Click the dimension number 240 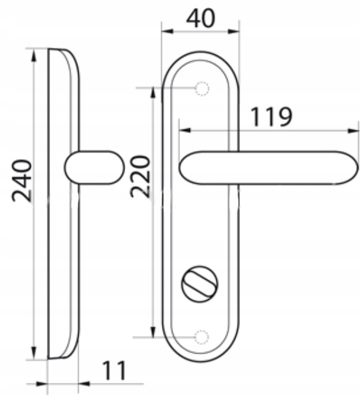(x=22, y=181)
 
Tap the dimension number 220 (x=140, y=177)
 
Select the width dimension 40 (x=201, y=19)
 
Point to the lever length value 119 (x=271, y=117)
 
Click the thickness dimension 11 (x=114, y=370)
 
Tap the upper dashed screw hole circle (x=202, y=89)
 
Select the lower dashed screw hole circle (x=202, y=337)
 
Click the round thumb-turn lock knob (x=199, y=284)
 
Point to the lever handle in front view (x=269, y=168)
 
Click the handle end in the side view (x=94, y=167)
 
